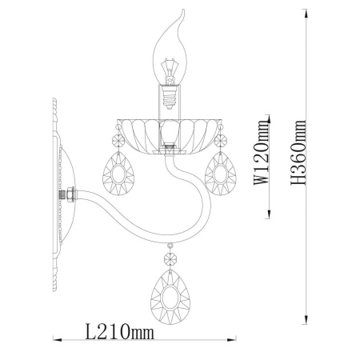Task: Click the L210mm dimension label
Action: tap(120, 331)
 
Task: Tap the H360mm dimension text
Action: tap(298, 153)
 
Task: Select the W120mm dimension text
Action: tap(261, 153)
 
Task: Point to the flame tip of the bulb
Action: tap(183, 10)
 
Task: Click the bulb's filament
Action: tap(168, 69)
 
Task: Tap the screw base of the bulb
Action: tap(169, 98)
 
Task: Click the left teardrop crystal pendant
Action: tap(118, 174)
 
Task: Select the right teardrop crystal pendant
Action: tap(220, 174)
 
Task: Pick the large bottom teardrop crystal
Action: tap(170, 297)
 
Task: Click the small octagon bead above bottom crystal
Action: tap(170, 258)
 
